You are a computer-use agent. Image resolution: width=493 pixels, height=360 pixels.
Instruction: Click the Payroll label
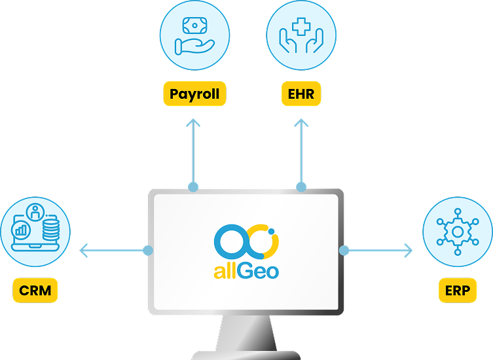(194, 94)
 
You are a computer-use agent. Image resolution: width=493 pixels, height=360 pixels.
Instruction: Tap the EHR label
(301, 94)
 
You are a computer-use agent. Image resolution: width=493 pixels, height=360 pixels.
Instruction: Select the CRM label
(35, 291)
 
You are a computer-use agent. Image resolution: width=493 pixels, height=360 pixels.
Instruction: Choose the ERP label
(457, 291)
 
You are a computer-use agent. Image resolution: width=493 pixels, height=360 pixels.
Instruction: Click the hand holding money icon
(194, 36)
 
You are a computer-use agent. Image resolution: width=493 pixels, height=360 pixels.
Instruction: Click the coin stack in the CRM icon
(50, 231)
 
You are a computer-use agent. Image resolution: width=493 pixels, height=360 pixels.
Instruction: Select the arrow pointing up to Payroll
(193, 151)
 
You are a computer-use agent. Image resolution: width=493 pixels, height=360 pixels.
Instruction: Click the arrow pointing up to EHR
(301, 151)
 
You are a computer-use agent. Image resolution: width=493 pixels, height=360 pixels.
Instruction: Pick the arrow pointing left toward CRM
(111, 250)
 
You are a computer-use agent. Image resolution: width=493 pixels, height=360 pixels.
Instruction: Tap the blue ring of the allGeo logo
(228, 242)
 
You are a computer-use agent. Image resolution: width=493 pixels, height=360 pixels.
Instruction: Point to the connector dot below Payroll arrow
(193, 187)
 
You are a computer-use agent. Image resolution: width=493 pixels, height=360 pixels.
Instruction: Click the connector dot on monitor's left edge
(148, 250)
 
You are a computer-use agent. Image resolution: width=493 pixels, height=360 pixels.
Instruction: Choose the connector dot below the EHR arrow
(301, 187)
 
